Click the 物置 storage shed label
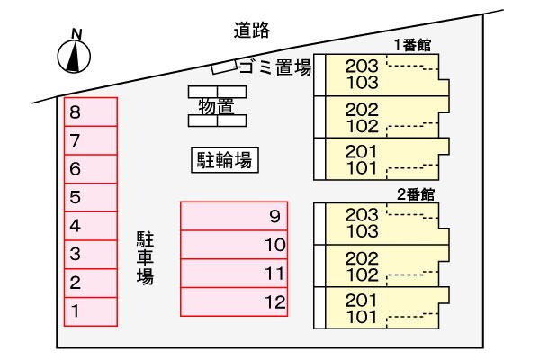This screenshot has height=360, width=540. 216,106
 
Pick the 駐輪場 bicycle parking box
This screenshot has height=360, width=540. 224,161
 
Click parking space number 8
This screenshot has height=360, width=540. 90,112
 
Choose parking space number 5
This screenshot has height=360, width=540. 90,196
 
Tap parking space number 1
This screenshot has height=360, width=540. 90,310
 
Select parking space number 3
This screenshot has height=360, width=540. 90,254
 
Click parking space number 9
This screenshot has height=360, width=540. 233,216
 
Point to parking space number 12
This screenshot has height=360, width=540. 233,301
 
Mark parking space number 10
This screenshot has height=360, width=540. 233,245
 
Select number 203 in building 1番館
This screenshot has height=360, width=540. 362,66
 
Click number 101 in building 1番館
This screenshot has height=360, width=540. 362,166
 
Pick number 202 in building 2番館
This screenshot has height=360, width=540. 362,258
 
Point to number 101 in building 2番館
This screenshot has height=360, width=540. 362,316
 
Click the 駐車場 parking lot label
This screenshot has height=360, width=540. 145,257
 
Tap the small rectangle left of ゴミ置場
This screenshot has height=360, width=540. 221,68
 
